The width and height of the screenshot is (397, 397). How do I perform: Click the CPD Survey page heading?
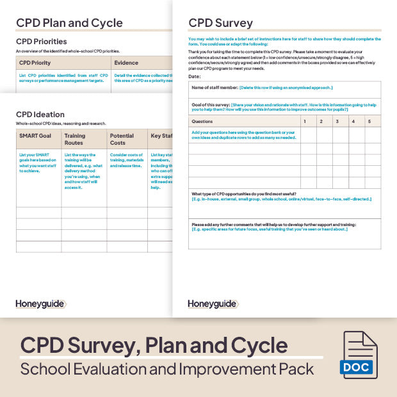point(220,23)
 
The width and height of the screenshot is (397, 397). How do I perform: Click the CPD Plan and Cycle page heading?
point(69,23)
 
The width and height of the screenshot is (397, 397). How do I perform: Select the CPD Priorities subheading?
point(41,42)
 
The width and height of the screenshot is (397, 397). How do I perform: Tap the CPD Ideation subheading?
point(40,115)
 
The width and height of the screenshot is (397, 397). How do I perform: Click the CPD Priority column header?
point(35,63)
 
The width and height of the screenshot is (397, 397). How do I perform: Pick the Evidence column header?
point(126,63)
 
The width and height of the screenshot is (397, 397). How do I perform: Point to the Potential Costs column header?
point(122,139)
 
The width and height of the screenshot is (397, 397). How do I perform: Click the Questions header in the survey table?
point(203,121)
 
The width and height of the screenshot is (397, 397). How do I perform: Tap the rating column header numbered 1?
point(305,121)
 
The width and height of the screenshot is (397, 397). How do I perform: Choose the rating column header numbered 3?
point(336,121)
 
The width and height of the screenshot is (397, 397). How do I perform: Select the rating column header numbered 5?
point(369,121)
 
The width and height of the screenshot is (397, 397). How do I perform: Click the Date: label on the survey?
point(195,76)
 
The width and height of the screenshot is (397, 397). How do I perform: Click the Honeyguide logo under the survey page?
point(212,304)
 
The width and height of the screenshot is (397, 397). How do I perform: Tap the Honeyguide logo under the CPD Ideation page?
point(40,304)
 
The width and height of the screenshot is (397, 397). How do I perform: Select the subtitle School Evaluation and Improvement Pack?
point(167,369)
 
